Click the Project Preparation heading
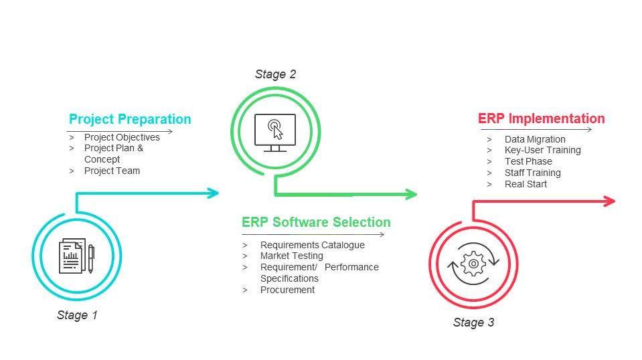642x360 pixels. click(130, 120)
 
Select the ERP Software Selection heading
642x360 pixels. click(316, 222)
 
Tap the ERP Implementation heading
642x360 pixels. click(541, 119)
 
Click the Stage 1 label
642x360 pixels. click(77, 315)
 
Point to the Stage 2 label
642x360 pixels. click(275, 74)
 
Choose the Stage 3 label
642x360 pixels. click(473, 323)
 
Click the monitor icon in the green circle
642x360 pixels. click(275, 131)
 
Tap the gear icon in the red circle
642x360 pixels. click(473, 264)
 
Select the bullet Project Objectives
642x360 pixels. click(122, 137)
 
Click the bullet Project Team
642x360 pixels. click(112, 171)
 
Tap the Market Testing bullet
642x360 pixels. click(291, 256)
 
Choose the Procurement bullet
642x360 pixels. click(287, 290)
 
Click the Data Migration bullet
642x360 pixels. click(535, 139)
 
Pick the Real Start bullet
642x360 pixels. click(526, 184)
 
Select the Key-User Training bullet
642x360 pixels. click(542, 150)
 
